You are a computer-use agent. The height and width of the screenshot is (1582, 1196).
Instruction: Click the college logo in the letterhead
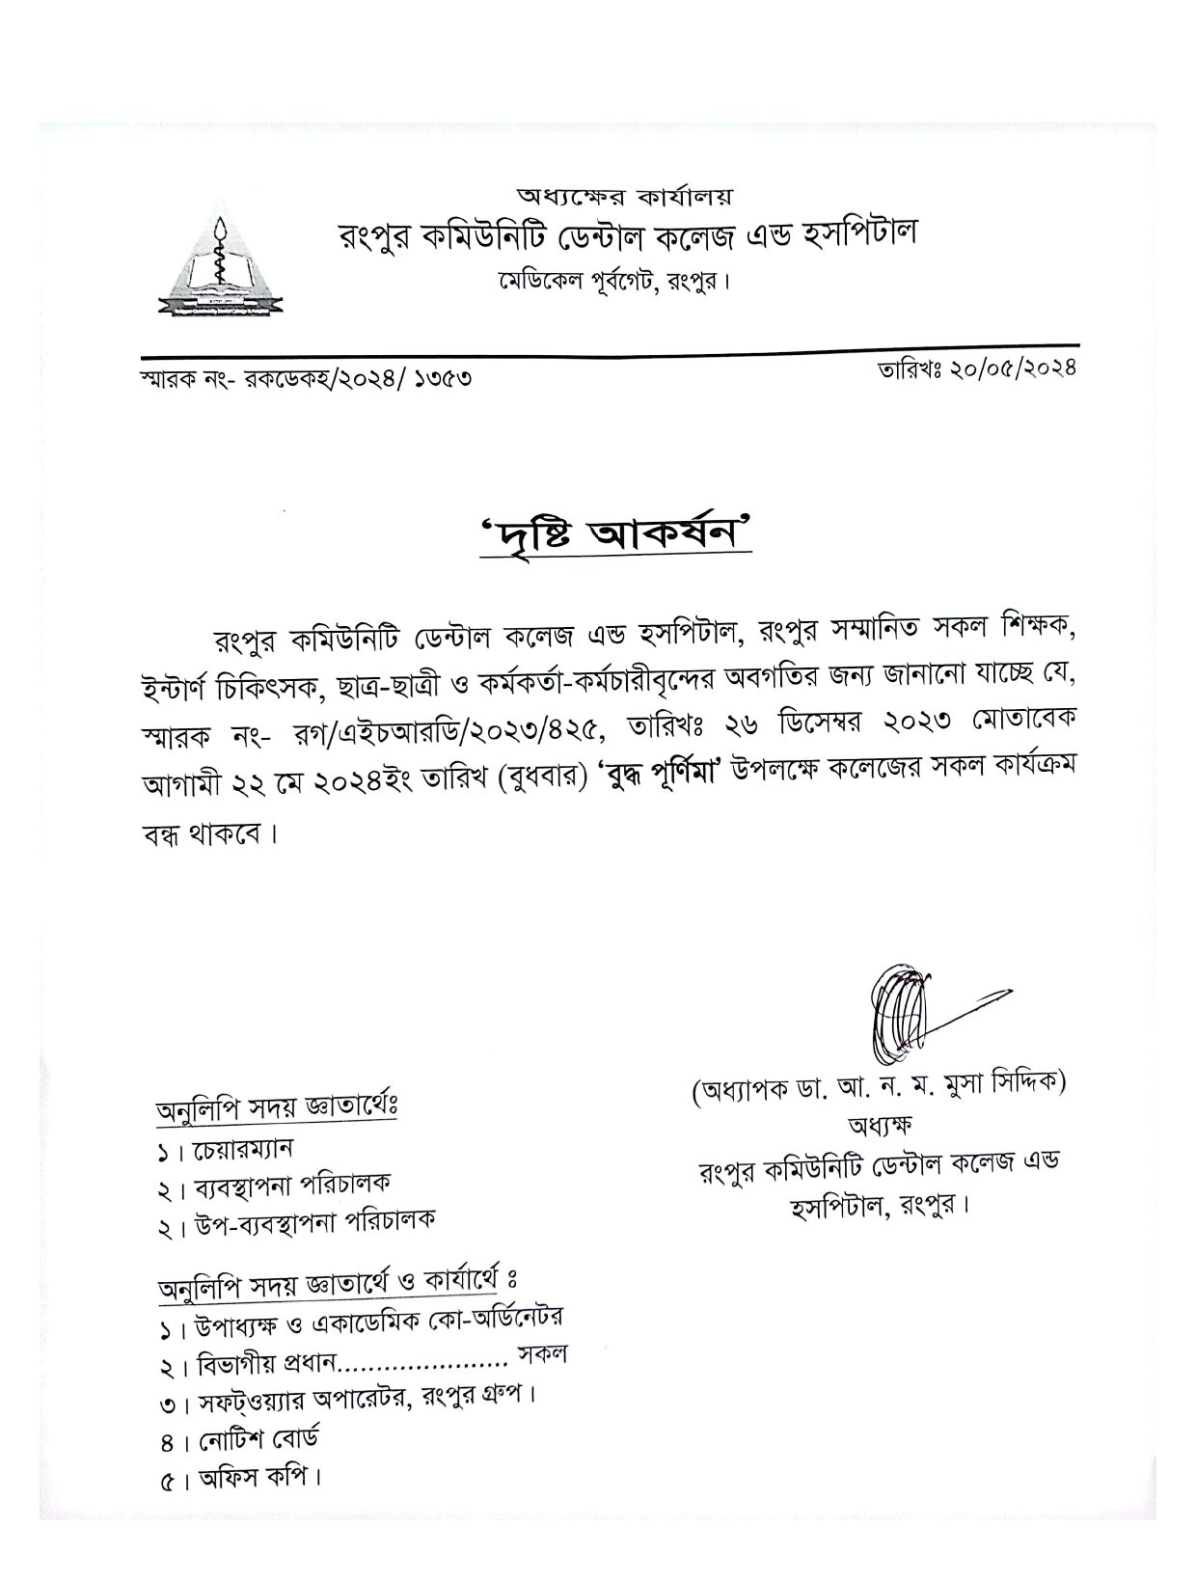click(222, 262)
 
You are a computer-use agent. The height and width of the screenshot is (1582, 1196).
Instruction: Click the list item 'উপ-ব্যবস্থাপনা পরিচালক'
click(309, 1219)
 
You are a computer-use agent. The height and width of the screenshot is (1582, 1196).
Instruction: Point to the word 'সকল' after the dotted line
click(542, 1354)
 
